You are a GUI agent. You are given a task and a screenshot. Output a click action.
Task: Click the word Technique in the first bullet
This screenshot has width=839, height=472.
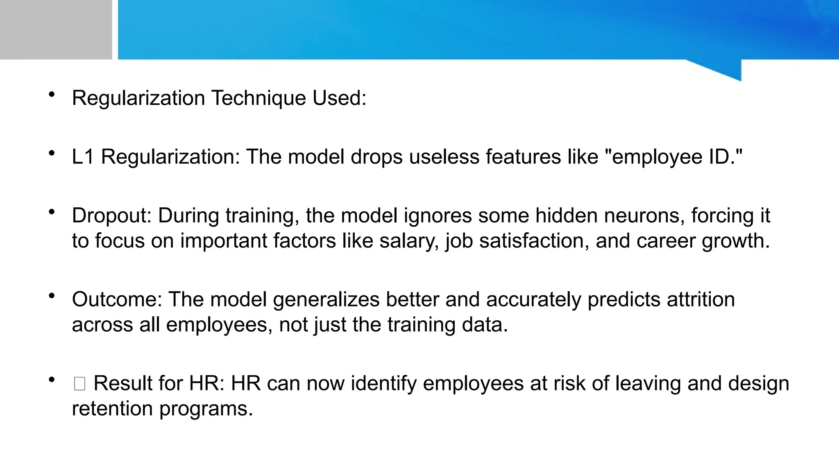point(258,98)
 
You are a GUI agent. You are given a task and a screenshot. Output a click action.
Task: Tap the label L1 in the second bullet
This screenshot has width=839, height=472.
point(83,157)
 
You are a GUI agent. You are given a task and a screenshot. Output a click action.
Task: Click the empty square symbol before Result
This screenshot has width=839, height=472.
point(79,384)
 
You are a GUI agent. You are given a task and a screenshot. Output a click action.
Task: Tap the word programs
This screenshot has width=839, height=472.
point(206,409)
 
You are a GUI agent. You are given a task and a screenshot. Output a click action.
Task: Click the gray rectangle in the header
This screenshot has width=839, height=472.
point(56,29)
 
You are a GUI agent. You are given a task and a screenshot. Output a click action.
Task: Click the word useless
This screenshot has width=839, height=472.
point(444,157)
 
